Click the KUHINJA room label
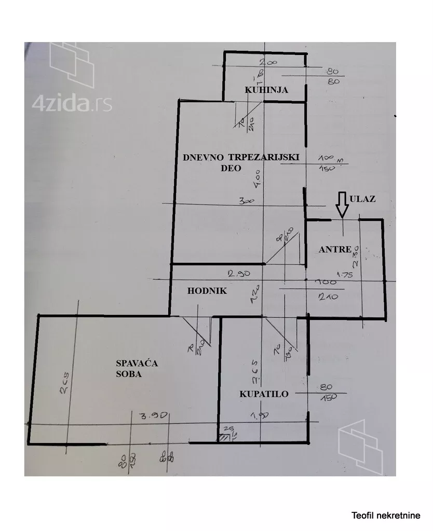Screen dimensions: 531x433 coord(266,90)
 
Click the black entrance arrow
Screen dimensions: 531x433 coord(341,204)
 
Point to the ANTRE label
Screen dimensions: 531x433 coord(335,249)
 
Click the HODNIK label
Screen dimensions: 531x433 coord(207,291)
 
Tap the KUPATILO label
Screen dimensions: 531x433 coord(264,394)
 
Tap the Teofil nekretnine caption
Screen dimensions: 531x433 coord(386,515)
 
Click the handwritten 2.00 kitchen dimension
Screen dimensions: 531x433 coord(269,62)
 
